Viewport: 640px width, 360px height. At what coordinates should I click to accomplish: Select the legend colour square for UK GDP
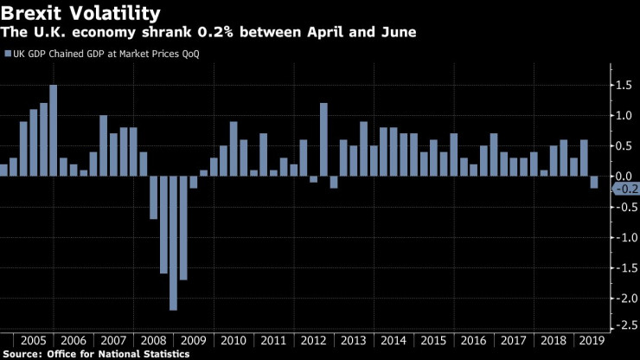pos(8,54)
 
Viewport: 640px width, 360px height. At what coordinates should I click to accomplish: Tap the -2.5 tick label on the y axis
pos(625,328)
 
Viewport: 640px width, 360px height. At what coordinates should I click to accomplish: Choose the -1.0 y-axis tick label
pos(625,237)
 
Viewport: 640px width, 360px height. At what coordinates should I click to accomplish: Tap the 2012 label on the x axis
pos(313,339)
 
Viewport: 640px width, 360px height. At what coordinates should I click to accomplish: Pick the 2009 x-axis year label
pos(194,339)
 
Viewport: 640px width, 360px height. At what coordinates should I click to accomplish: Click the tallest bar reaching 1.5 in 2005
pos(54,130)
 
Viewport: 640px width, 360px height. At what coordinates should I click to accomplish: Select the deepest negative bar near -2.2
pos(174,242)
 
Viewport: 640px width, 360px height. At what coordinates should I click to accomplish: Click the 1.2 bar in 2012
pos(323,139)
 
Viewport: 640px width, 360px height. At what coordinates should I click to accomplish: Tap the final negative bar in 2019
pos(594,182)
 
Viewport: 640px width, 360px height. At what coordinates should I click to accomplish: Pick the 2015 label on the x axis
pos(433,339)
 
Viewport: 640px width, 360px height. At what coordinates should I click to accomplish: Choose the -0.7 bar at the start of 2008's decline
pos(154,197)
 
